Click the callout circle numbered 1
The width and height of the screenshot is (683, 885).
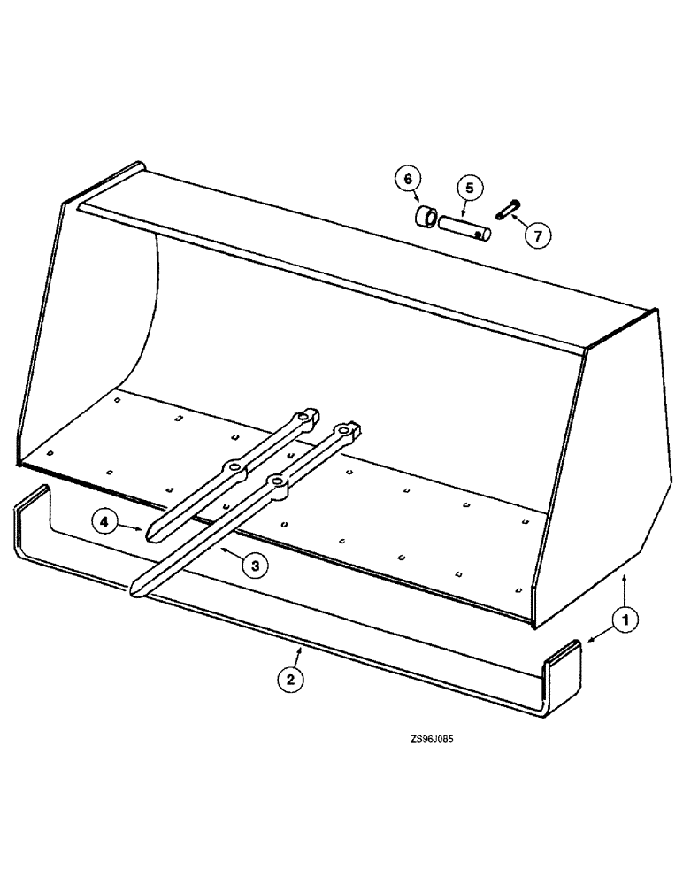pyautogui.click(x=625, y=621)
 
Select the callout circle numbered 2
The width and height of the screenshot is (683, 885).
pyautogui.click(x=288, y=680)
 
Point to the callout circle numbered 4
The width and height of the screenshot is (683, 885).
pyautogui.click(x=104, y=524)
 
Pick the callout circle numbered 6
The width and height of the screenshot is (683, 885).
pyautogui.click(x=407, y=180)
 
